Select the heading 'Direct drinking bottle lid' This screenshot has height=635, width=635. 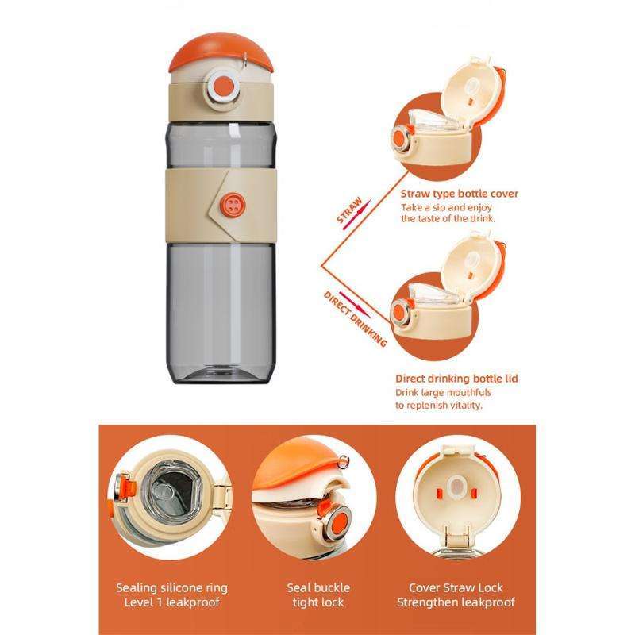coord(456,379)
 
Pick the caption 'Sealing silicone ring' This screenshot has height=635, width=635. coord(172,588)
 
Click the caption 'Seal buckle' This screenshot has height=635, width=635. coord(317,588)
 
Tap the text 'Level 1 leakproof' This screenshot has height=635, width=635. coord(172,603)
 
